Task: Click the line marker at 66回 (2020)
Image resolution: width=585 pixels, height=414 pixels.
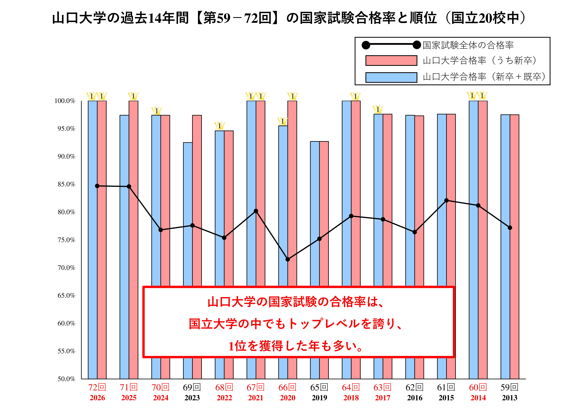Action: click(288, 259)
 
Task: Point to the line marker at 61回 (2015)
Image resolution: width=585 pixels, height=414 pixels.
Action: click(446, 200)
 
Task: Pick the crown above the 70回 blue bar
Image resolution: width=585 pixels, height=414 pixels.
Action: click(156, 111)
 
